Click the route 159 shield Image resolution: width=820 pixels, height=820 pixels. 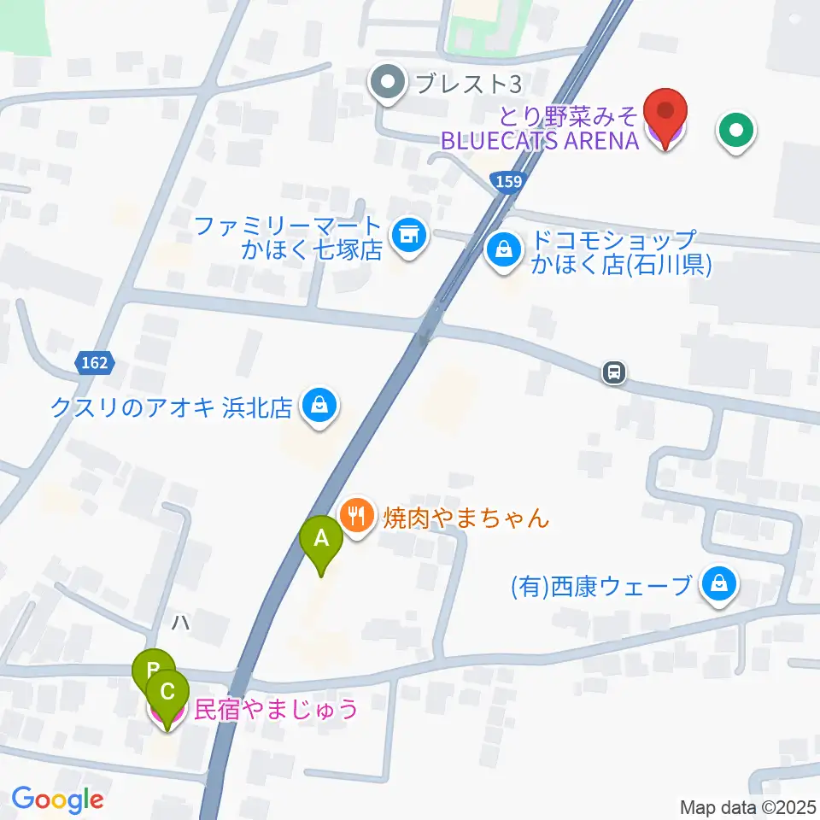(505, 181)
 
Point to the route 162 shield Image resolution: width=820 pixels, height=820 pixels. (95, 363)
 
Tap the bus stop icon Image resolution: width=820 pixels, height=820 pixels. (614, 372)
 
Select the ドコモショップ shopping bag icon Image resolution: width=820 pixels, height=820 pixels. (505, 250)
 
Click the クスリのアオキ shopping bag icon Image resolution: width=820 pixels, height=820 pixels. (319, 406)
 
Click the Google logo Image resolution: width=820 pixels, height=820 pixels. (57, 799)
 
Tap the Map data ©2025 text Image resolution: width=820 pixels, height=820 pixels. (748, 806)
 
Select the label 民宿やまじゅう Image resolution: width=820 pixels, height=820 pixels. (276, 709)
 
